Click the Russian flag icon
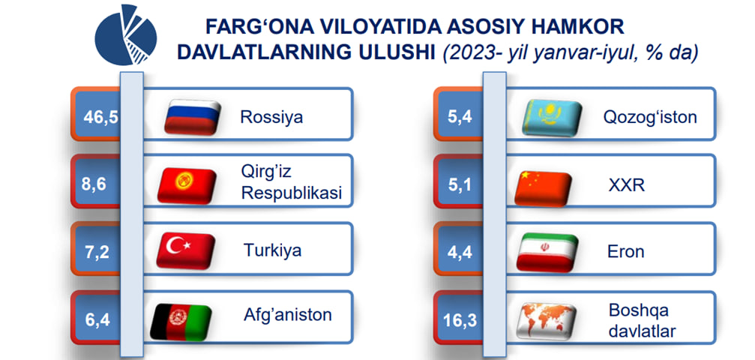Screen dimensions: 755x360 pyautogui.click(x=192, y=118)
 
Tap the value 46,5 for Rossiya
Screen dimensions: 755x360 pyautogui.click(x=100, y=117)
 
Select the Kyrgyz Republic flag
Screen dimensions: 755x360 pyautogui.click(x=187, y=185)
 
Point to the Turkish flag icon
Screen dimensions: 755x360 pyautogui.click(x=185, y=250)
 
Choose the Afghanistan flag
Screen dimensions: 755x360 pyautogui.click(x=181, y=322)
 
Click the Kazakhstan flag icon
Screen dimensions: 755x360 pyautogui.click(x=552, y=118)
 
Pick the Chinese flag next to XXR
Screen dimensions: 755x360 pyautogui.click(x=543, y=188)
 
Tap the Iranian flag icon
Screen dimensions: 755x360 pyautogui.click(x=547, y=253)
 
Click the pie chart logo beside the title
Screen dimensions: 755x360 pyautogui.click(x=125, y=34)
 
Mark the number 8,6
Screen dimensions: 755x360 pyautogui.click(x=94, y=184)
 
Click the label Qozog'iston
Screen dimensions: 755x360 pyautogui.click(x=650, y=117)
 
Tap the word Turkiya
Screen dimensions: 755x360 pyautogui.click(x=272, y=250)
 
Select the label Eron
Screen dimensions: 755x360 pyautogui.click(x=626, y=251)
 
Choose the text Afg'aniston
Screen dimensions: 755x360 pyautogui.click(x=287, y=315)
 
